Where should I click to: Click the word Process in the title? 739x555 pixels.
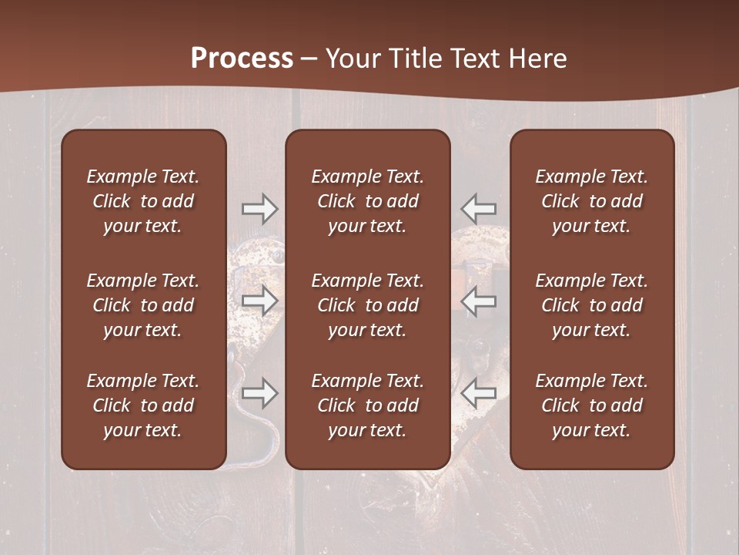(242, 59)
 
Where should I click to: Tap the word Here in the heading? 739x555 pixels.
(537, 59)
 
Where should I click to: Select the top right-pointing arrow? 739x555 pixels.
(259, 209)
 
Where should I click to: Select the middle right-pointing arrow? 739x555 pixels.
(259, 301)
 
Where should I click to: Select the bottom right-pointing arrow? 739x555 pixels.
(259, 394)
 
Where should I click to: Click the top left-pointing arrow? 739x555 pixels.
(478, 209)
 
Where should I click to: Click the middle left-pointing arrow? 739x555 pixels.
(478, 301)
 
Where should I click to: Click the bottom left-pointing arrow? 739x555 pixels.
(478, 394)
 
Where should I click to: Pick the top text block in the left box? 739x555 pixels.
(143, 201)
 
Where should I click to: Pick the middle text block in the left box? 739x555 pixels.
(143, 305)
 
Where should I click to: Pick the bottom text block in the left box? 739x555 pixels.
(143, 405)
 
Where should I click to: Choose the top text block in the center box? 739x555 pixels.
(367, 201)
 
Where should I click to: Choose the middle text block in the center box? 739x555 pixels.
(367, 305)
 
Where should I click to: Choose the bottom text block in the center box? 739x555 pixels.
(367, 405)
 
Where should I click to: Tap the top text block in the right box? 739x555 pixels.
(591, 201)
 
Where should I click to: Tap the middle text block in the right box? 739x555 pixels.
(591, 305)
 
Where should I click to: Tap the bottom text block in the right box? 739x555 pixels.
(591, 405)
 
